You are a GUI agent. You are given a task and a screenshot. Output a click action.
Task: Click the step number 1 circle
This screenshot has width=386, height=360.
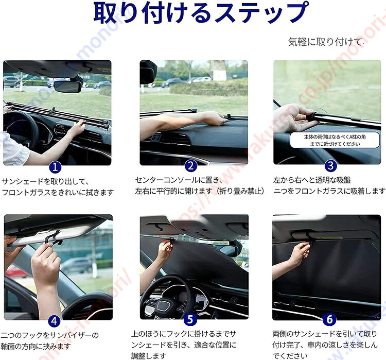[x=55, y=167]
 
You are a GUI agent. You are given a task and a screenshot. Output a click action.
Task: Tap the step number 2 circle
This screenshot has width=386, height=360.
[x=191, y=166]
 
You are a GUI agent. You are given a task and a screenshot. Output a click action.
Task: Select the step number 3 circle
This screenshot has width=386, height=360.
[x=330, y=166]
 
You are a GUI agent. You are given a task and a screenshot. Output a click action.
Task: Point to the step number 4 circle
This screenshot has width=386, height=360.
[x=54, y=321]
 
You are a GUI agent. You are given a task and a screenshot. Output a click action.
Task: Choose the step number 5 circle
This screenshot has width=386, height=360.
[x=190, y=319]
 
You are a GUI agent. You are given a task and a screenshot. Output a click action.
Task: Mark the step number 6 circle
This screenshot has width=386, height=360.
[x=329, y=320]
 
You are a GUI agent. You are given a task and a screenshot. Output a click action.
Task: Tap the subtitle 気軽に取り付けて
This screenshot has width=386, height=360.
[x=325, y=42]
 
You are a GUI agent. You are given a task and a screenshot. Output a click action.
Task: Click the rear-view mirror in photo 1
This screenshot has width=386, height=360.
[x=67, y=86]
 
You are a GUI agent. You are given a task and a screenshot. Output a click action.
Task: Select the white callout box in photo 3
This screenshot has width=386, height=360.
[x=335, y=140]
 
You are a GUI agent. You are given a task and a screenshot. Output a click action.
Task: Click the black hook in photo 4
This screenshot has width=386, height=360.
[x=54, y=238]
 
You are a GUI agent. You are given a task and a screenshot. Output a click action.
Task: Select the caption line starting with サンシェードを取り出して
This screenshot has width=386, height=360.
[x=45, y=181]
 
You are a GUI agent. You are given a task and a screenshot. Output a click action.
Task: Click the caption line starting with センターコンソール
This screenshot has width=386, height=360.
[x=179, y=180]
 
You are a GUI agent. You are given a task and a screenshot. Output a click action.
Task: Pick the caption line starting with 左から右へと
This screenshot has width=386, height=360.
[x=312, y=180]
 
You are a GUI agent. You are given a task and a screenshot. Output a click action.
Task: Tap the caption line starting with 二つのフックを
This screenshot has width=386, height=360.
[x=49, y=335]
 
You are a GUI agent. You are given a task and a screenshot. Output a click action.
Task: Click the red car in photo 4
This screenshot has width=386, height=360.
[x=15, y=271]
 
